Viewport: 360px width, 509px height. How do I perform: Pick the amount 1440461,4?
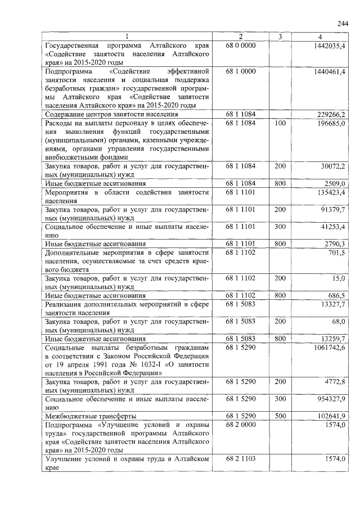[x=329, y=73]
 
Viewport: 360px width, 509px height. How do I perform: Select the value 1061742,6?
[x=329, y=348]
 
